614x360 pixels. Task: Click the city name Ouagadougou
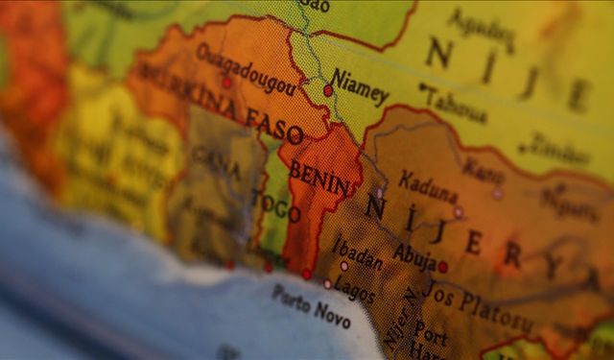[x=247, y=68]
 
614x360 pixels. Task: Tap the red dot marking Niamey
[x=328, y=90]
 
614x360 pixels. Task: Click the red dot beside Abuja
[x=442, y=267]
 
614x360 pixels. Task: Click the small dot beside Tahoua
[x=422, y=87]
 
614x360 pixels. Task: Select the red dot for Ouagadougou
[x=226, y=83]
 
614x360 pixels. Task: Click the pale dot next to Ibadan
[x=344, y=266]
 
